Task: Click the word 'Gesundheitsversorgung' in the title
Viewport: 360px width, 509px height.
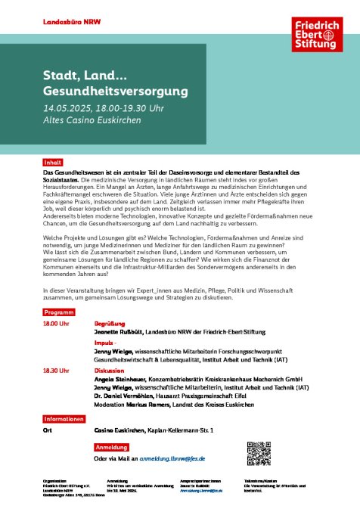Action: pyautogui.click(x=114, y=92)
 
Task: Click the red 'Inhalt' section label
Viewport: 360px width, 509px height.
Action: pyautogui.click(x=53, y=162)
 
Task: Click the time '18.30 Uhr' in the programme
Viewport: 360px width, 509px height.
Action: pyautogui.click(x=56, y=371)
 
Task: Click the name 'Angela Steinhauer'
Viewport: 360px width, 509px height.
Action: pyautogui.click(x=121, y=379)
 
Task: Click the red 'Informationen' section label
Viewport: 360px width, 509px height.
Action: pyautogui.click(x=63, y=418)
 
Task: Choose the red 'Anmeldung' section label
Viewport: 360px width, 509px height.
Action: pyautogui.click(x=111, y=447)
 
